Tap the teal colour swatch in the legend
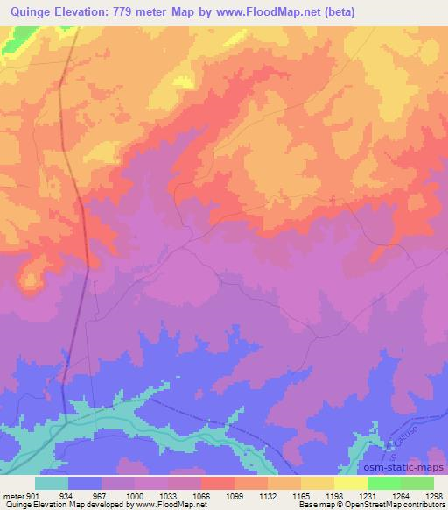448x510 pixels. [x=52, y=483]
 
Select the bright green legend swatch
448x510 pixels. [x=383, y=483]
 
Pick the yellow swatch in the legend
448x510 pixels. [x=350, y=483]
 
